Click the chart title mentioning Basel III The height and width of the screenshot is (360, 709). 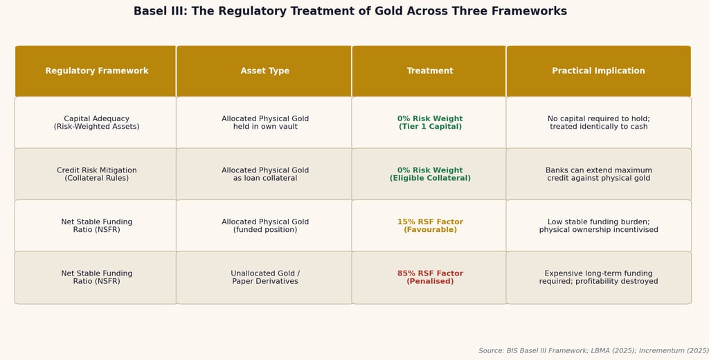(350, 11)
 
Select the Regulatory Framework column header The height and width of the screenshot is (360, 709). (96, 71)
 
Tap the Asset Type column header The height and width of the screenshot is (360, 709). (264, 71)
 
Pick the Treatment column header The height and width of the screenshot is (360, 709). (429, 71)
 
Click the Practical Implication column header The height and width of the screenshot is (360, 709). (599, 71)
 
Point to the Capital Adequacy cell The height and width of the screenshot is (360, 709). (96, 123)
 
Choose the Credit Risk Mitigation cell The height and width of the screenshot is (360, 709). (96, 174)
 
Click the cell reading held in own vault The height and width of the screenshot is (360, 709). (264, 123)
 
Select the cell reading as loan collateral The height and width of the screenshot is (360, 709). (264, 174)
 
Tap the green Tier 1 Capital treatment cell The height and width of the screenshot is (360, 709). (429, 123)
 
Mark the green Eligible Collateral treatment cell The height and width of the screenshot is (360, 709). (429, 174)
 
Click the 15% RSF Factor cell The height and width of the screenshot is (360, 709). (429, 226)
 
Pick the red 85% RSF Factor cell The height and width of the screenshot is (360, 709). (429, 277)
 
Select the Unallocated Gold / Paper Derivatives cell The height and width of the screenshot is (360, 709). (264, 277)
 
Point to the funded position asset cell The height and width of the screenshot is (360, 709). (264, 226)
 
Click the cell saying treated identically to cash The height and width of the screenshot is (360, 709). (599, 123)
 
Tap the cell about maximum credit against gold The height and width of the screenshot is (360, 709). (599, 174)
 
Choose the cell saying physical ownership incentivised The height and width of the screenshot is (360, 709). (599, 226)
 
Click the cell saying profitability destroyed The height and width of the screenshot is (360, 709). (599, 277)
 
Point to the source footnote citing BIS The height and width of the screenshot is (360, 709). (593, 350)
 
